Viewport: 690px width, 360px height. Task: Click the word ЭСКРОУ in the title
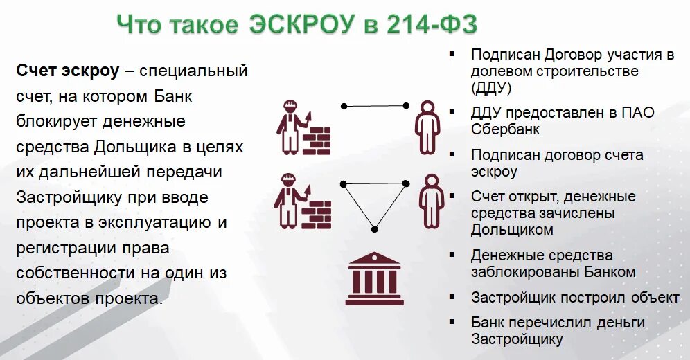click(x=301, y=26)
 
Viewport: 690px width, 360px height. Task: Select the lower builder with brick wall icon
click(x=303, y=201)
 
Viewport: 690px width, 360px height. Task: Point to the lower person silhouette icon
click(x=431, y=201)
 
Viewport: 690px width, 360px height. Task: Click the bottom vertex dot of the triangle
click(x=374, y=228)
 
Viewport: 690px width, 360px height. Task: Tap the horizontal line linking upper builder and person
click(x=375, y=106)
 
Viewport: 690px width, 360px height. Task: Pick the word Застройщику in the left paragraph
click(x=64, y=197)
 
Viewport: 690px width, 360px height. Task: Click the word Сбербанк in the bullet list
click(x=505, y=129)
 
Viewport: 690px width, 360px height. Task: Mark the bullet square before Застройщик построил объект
click(x=452, y=296)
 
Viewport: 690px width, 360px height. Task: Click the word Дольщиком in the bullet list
click(x=512, y=230)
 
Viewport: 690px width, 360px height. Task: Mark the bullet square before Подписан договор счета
click(x=452, y=154)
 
